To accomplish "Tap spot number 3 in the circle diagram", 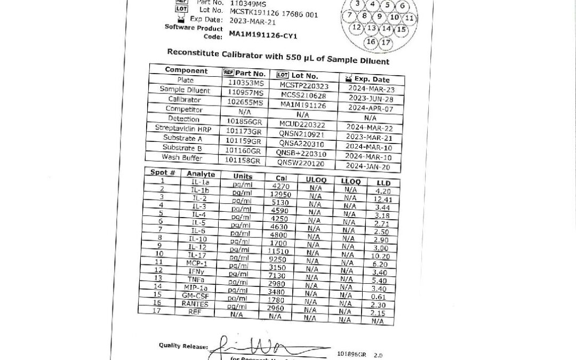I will pos(357,4).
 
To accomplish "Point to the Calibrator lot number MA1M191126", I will pos(303,105).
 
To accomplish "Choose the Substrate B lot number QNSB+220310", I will pos(301,154).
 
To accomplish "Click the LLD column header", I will pos(383,183).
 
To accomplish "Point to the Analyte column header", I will pos(201,174).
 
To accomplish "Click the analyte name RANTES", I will pos(195,303).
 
